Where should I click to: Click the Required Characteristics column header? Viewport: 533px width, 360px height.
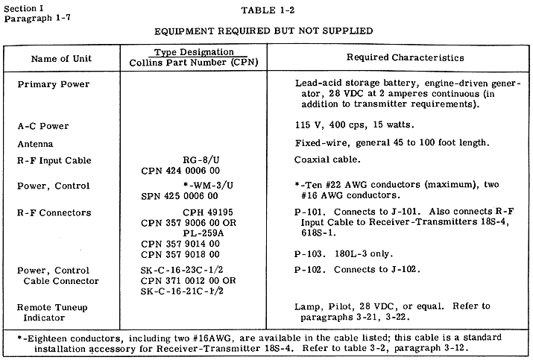tap(406, 57)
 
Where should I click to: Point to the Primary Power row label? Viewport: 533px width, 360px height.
tap(54, 84)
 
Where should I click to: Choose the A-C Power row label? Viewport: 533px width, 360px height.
tap(46, 127)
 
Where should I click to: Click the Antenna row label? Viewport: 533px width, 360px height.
tap(36, 144)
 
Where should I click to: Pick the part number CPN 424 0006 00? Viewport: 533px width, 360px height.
tap(181, 171)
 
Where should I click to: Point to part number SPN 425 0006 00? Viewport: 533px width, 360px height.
tap(181, 197)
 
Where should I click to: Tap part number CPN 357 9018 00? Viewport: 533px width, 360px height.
tap(181, 253)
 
